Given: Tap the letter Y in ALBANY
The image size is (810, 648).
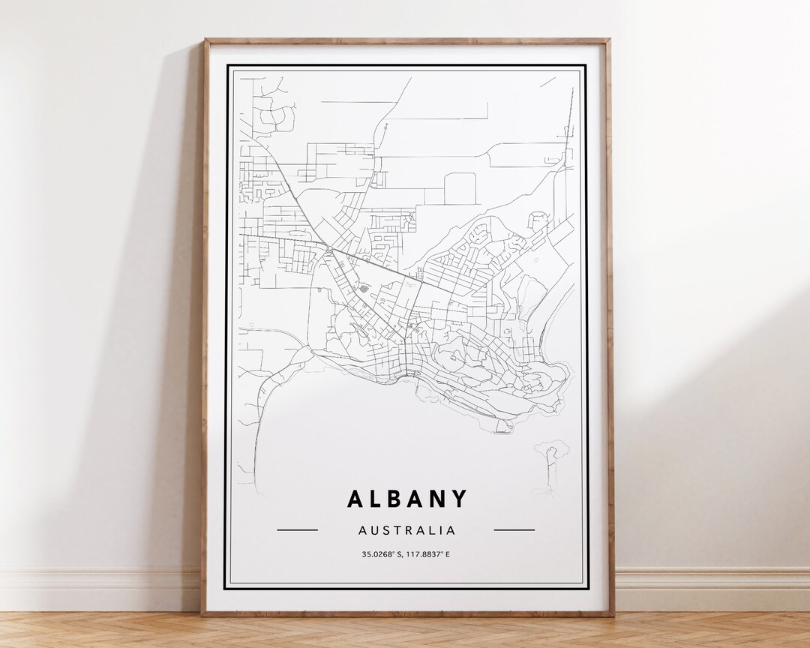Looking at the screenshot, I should (460, 499).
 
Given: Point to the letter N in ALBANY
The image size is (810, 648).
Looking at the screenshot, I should (439, 499).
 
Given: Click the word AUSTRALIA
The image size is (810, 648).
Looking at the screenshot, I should (406, 530).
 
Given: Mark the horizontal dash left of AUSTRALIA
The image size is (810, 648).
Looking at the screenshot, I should (297, 530).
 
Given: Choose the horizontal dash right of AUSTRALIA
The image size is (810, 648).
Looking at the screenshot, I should (514, 530).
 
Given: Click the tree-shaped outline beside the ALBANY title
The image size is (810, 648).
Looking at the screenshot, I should (550, 457).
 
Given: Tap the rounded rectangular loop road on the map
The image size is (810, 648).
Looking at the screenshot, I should (460, 188).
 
